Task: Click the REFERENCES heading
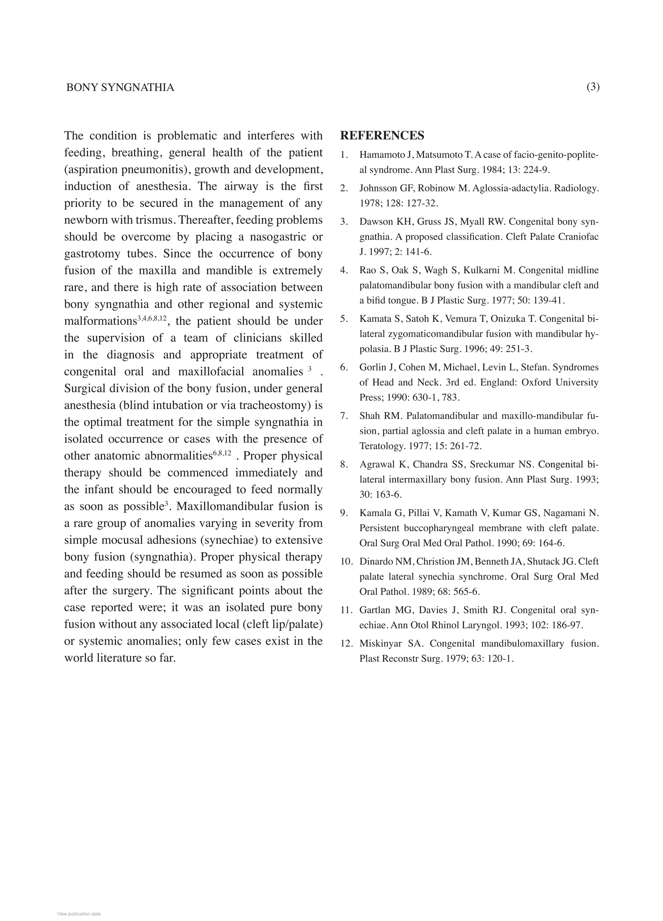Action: [382, 135]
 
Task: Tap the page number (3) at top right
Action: [593, 87]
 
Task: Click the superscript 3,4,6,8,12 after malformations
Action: [152, 318]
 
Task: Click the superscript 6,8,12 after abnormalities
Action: [222, 453]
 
